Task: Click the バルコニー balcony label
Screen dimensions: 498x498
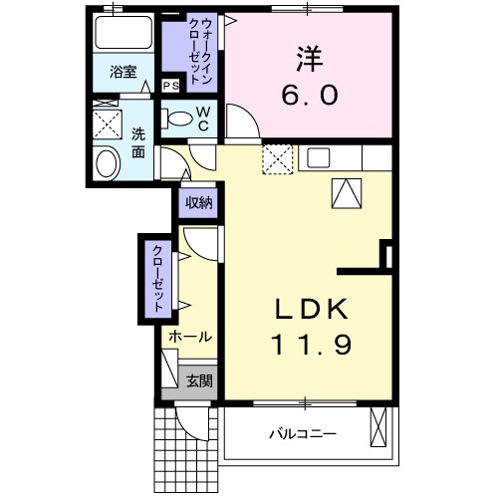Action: click(303, 434)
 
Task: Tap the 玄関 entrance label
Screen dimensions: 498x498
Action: click(199, 379)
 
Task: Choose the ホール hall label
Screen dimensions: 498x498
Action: click(189, 337)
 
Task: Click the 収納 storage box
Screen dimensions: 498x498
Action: click(198, 202)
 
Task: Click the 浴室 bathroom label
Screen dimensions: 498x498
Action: click(124, 72)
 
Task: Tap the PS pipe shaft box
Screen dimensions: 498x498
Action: click(171, 86)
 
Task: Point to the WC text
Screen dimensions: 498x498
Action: click(202, 120)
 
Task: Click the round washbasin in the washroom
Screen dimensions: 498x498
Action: click(104, 163)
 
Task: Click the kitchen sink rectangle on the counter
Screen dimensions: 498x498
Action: click(319, 156)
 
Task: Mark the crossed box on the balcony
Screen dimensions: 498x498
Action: click(379, 428)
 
